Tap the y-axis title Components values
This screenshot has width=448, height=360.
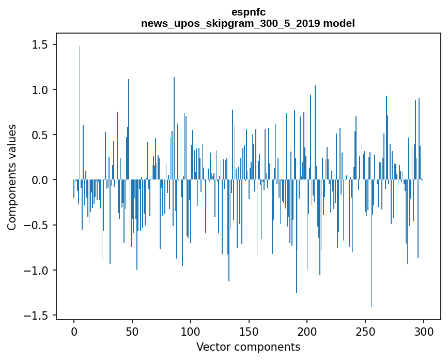point(12,177)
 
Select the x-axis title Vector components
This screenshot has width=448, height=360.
point(248,347)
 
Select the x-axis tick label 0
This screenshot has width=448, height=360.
point(74,331)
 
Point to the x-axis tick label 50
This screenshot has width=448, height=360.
point(132,331)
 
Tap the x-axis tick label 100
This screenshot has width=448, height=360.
point(191,331)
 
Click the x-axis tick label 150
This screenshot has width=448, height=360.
point(249,331)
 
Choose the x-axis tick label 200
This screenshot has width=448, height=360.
point(307,331)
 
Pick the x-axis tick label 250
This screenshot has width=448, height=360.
point(365,331)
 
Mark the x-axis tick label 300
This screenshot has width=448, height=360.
point(424,331)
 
